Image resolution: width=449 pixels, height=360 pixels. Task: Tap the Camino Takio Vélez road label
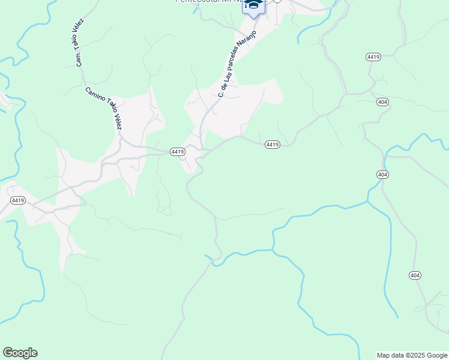coord(104,109)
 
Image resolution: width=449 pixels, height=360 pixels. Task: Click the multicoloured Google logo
coord(20,353)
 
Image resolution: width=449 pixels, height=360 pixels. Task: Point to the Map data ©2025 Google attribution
coord(412,355)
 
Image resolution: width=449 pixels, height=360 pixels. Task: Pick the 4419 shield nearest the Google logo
coord(17,200)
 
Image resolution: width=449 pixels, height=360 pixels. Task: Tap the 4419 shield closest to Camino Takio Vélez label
coord(177,152)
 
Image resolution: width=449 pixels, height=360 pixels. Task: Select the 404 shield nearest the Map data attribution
coord(415,275)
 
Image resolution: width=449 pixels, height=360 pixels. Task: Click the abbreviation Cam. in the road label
coord(78,59)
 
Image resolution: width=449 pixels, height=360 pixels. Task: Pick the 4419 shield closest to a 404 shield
coord(373,56)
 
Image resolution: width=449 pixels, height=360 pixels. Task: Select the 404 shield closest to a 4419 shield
coord(382,102)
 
